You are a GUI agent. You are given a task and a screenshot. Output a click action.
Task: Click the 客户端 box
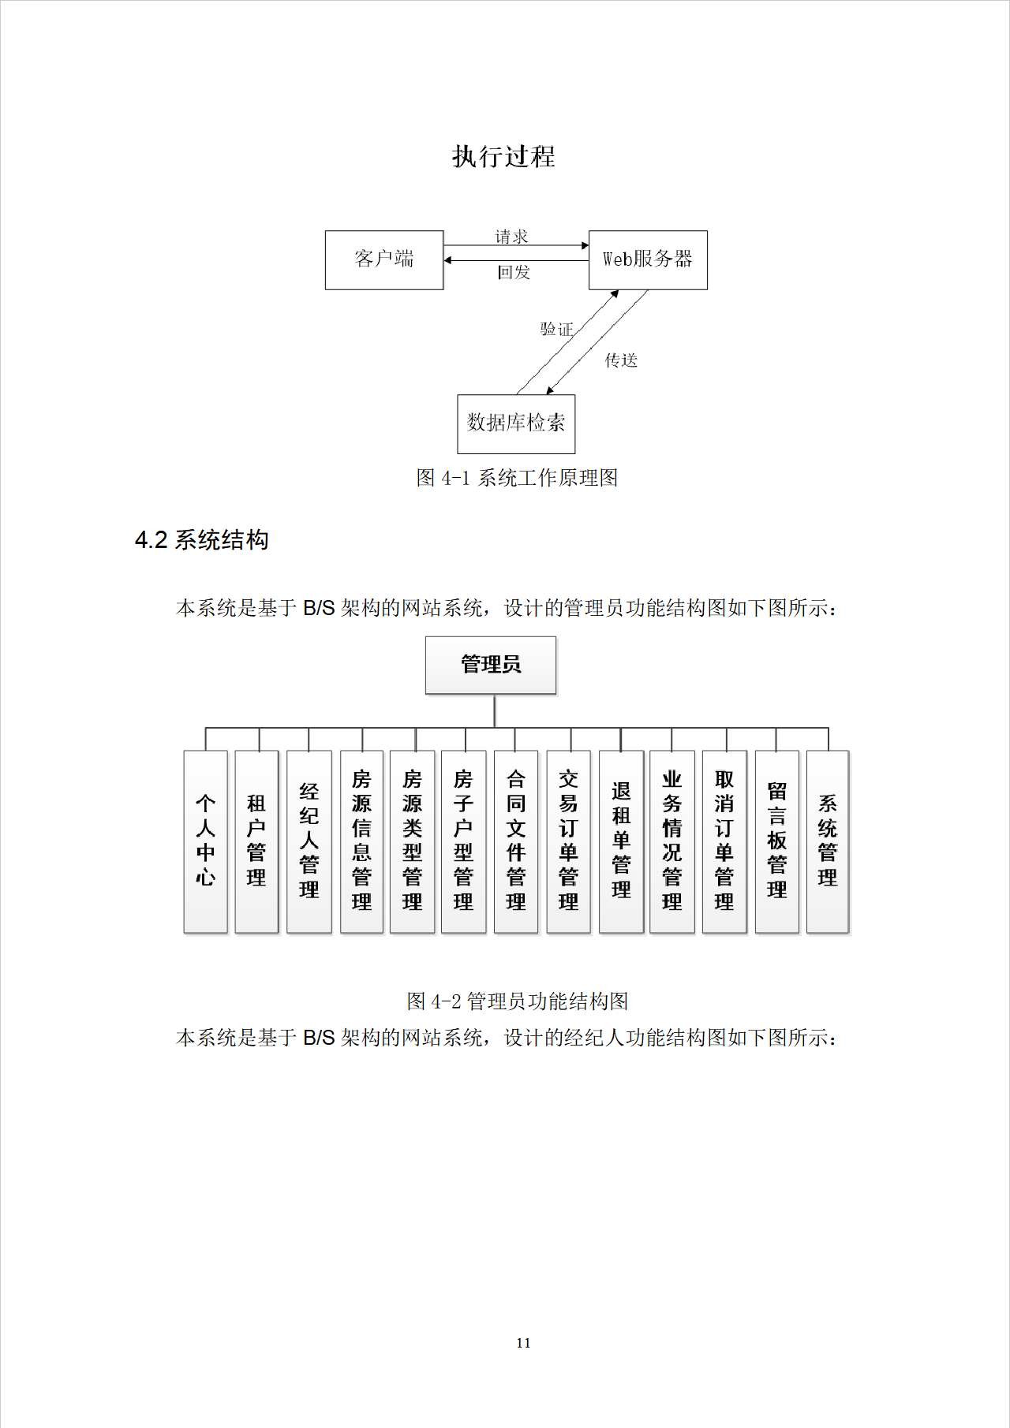coord(384,259)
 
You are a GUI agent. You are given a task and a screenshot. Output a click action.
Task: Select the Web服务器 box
coord(648,259)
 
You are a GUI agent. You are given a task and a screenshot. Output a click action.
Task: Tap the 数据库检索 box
coord(516,423)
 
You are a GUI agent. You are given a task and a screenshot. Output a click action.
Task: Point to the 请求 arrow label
coord(511,237)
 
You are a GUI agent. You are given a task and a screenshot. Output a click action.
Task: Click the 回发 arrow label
coord(514,273)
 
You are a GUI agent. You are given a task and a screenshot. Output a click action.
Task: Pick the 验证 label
coord(556,329)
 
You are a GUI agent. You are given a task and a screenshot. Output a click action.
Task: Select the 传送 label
coord(621,360)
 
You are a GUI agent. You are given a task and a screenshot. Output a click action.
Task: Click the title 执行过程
coord(503,156)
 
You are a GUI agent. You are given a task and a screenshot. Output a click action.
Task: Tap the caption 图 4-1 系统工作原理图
coord(517,478)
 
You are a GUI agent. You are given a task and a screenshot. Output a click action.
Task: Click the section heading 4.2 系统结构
coord(202,540)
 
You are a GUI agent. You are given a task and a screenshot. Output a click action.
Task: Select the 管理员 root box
coord(491,665)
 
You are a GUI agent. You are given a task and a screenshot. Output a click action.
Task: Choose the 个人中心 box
coord(205,841)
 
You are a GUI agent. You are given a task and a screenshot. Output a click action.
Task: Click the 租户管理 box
coord(256,841)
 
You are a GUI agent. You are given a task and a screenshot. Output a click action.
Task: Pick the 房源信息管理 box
coord(361,841)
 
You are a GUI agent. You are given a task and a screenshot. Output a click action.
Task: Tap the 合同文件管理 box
coord(515,841)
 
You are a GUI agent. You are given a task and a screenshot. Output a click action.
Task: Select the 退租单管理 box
coord(621,841)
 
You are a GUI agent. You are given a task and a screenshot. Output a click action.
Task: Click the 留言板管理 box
coord(776,841)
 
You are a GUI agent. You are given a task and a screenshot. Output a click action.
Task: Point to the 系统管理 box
coord(827,841)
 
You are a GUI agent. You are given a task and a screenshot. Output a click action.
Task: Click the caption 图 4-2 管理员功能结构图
coord(517,1001)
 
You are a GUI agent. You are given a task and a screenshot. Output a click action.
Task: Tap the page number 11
coord(523,1343)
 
